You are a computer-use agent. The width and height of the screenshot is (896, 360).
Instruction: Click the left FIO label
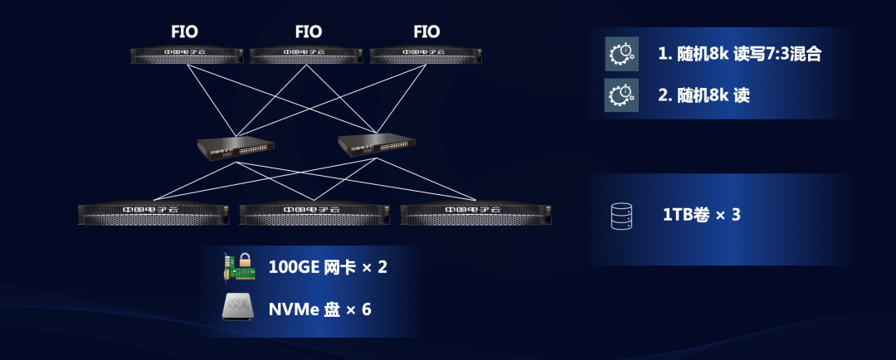[x=184, y=32]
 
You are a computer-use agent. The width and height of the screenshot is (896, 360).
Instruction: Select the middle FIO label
[x=308, y=32]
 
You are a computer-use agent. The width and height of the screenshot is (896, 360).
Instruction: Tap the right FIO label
[x=426, y=32]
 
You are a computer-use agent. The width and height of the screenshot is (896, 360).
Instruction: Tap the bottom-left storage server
[x=150, y=213]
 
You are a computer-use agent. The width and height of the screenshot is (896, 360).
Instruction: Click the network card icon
[x=239, y=266]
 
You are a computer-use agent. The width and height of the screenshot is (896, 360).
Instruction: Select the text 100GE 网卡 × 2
[x=328, y=267]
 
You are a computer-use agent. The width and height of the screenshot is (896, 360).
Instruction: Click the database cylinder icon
[x=621, y=216]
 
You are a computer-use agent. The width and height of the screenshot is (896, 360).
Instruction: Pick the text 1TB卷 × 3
[x=701, y=216]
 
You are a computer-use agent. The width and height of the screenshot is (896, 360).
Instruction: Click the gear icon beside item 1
[x=621, y=54]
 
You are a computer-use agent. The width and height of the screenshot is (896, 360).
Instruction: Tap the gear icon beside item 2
[x=621, y=95]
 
